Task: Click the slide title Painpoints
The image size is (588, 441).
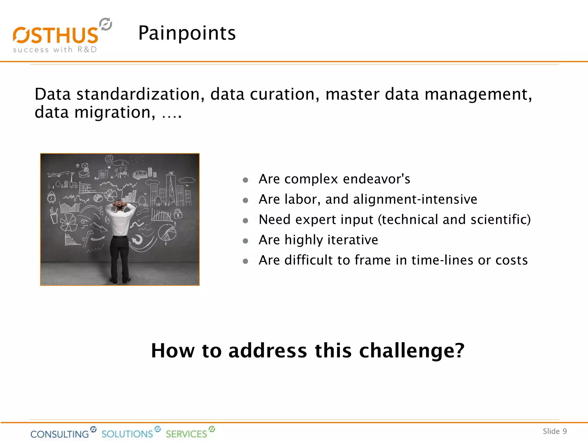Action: (x=187, y=33)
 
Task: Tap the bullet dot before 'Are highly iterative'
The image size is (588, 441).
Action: (x=245, y=241)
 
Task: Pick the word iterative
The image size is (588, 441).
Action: (x=353, y=240)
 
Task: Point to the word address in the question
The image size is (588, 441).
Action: (x=267, y=351)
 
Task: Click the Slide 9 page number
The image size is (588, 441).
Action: (x=554, y=431)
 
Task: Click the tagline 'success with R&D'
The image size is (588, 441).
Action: (x=55, y=50)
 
